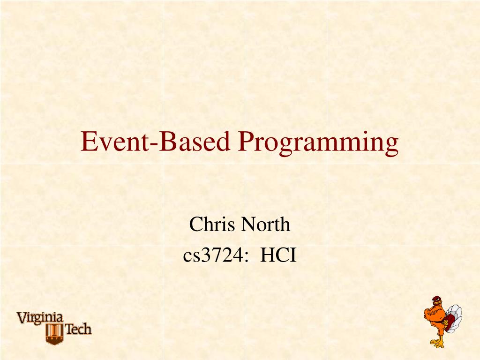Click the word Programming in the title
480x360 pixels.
pyautogui.click(x=318, y=142)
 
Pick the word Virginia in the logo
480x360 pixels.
pyautogui.click(x=40, y=318)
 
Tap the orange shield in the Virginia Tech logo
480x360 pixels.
pyautogui.click(x=54, y=333)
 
